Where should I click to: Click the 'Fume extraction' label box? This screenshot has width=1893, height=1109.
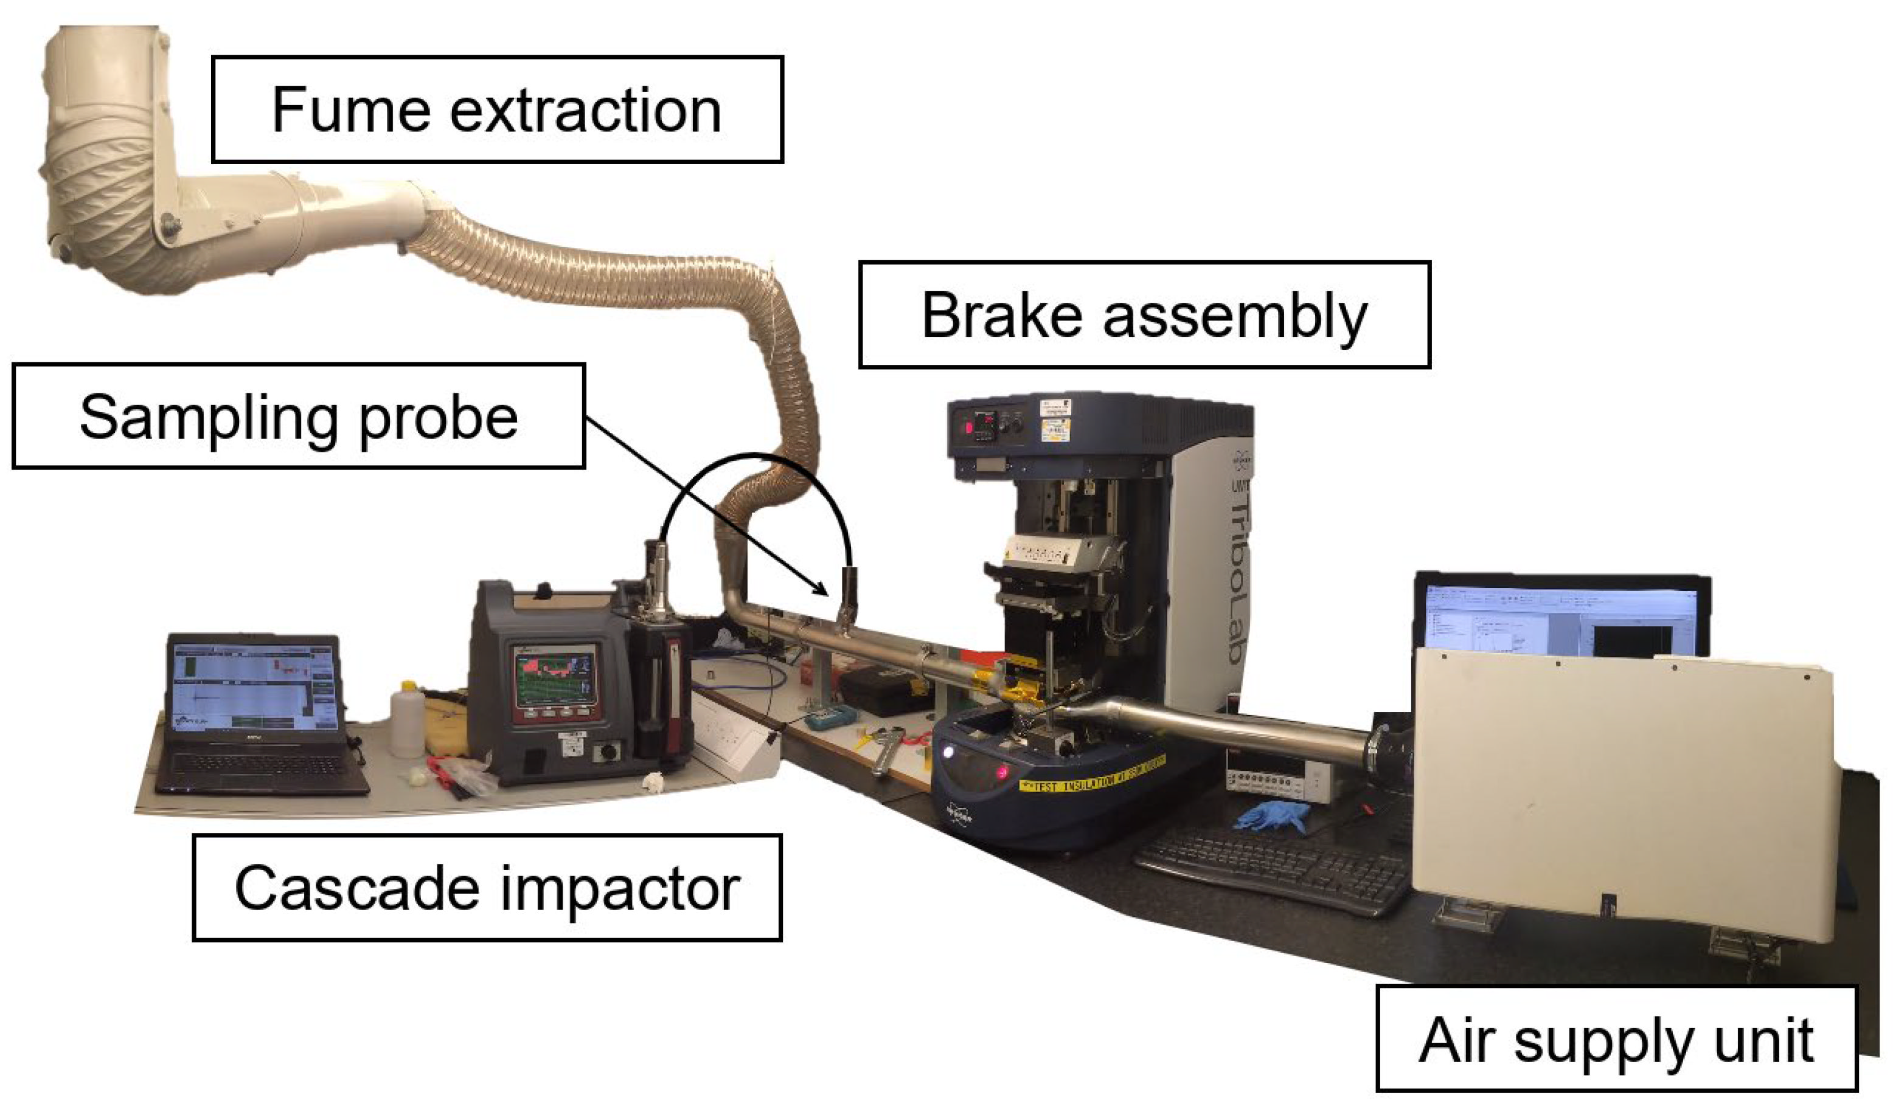click(498, 109)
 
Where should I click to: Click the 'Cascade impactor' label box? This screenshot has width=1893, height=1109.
click(487, 888)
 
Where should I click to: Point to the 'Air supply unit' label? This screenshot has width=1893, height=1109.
click(1616, 1040)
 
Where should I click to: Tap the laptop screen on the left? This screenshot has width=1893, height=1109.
click(253, 683)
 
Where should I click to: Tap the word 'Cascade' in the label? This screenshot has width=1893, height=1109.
click(357, 889)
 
